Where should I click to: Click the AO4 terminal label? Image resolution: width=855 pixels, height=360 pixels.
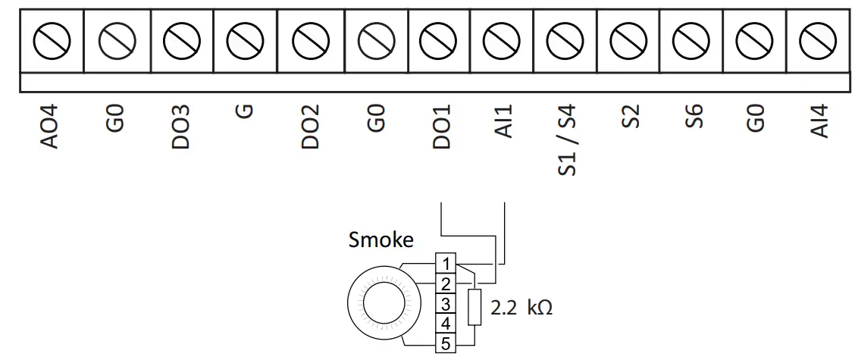tap(52, 127)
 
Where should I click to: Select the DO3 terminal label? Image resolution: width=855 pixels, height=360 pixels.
tap(180, 127)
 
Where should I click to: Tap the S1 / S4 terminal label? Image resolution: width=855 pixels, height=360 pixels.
tap(568, 140)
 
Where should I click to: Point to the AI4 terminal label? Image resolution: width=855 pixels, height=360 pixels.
tap(819, 122)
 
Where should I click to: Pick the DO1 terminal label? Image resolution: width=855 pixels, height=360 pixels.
tap(442, 127)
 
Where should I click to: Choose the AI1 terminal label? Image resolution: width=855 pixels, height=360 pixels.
tap(503, 122)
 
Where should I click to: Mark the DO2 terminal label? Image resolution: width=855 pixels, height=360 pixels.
tap(309, 127)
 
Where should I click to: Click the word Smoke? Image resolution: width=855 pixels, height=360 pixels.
tap(381, 240)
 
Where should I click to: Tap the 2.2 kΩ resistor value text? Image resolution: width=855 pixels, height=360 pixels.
tap(521, 308)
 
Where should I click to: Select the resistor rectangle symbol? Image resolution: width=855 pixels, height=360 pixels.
tap(476, 307)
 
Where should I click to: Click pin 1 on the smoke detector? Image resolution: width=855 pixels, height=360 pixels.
tap(446, 263)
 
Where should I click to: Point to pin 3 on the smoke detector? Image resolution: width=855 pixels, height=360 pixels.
tap(446, 304)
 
